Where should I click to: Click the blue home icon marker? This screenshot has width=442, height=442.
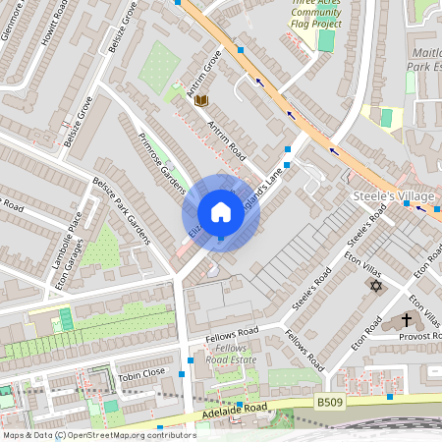[221, 212]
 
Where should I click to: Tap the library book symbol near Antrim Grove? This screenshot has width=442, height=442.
[201, 100]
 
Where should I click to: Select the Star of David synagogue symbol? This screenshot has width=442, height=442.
[374, 285]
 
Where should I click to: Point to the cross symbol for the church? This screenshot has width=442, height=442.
[407, 320]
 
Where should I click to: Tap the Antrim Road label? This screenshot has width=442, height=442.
[225, 141]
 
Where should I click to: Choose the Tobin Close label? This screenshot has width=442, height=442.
[141, 373]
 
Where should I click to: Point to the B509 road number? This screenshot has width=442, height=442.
[330, 401]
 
